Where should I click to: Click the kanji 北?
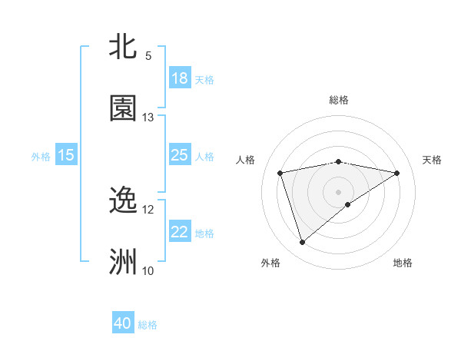124,46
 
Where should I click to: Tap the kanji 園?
124,108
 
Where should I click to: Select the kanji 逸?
124,200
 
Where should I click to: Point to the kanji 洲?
124,262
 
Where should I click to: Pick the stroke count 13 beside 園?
148,117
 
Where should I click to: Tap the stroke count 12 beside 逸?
148,209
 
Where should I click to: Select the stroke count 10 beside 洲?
148,270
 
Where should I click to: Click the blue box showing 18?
180,78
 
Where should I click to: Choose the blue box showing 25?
180,155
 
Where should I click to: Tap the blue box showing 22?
180,232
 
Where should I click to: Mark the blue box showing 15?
66,155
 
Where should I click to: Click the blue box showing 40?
123,323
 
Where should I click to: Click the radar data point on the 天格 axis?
397,173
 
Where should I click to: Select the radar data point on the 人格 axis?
280,173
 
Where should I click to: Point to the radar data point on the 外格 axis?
302,243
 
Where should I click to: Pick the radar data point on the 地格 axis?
348,204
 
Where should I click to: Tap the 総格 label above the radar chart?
339,100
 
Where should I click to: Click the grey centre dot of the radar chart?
339,191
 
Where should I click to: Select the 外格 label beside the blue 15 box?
41,156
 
